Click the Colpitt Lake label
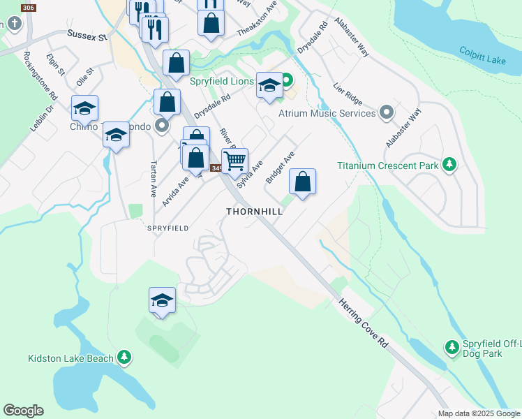(x=483, y=56)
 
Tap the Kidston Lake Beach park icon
(x=124, y=358)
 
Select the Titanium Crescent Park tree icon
(x=450, y=165)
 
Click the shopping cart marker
(x=235, y=161)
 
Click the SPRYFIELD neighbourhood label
(x=167, y=228)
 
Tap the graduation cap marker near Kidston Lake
(x=162, y=300)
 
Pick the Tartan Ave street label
(x=153, y=180)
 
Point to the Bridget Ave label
(x=280, y=168)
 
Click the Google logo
(x=23, y=411)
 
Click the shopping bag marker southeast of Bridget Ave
(x=302, y=182)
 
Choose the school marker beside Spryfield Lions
(x=269, y=85)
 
